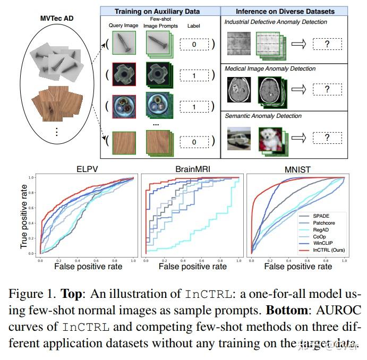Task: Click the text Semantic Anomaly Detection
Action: tap(263, 116)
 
